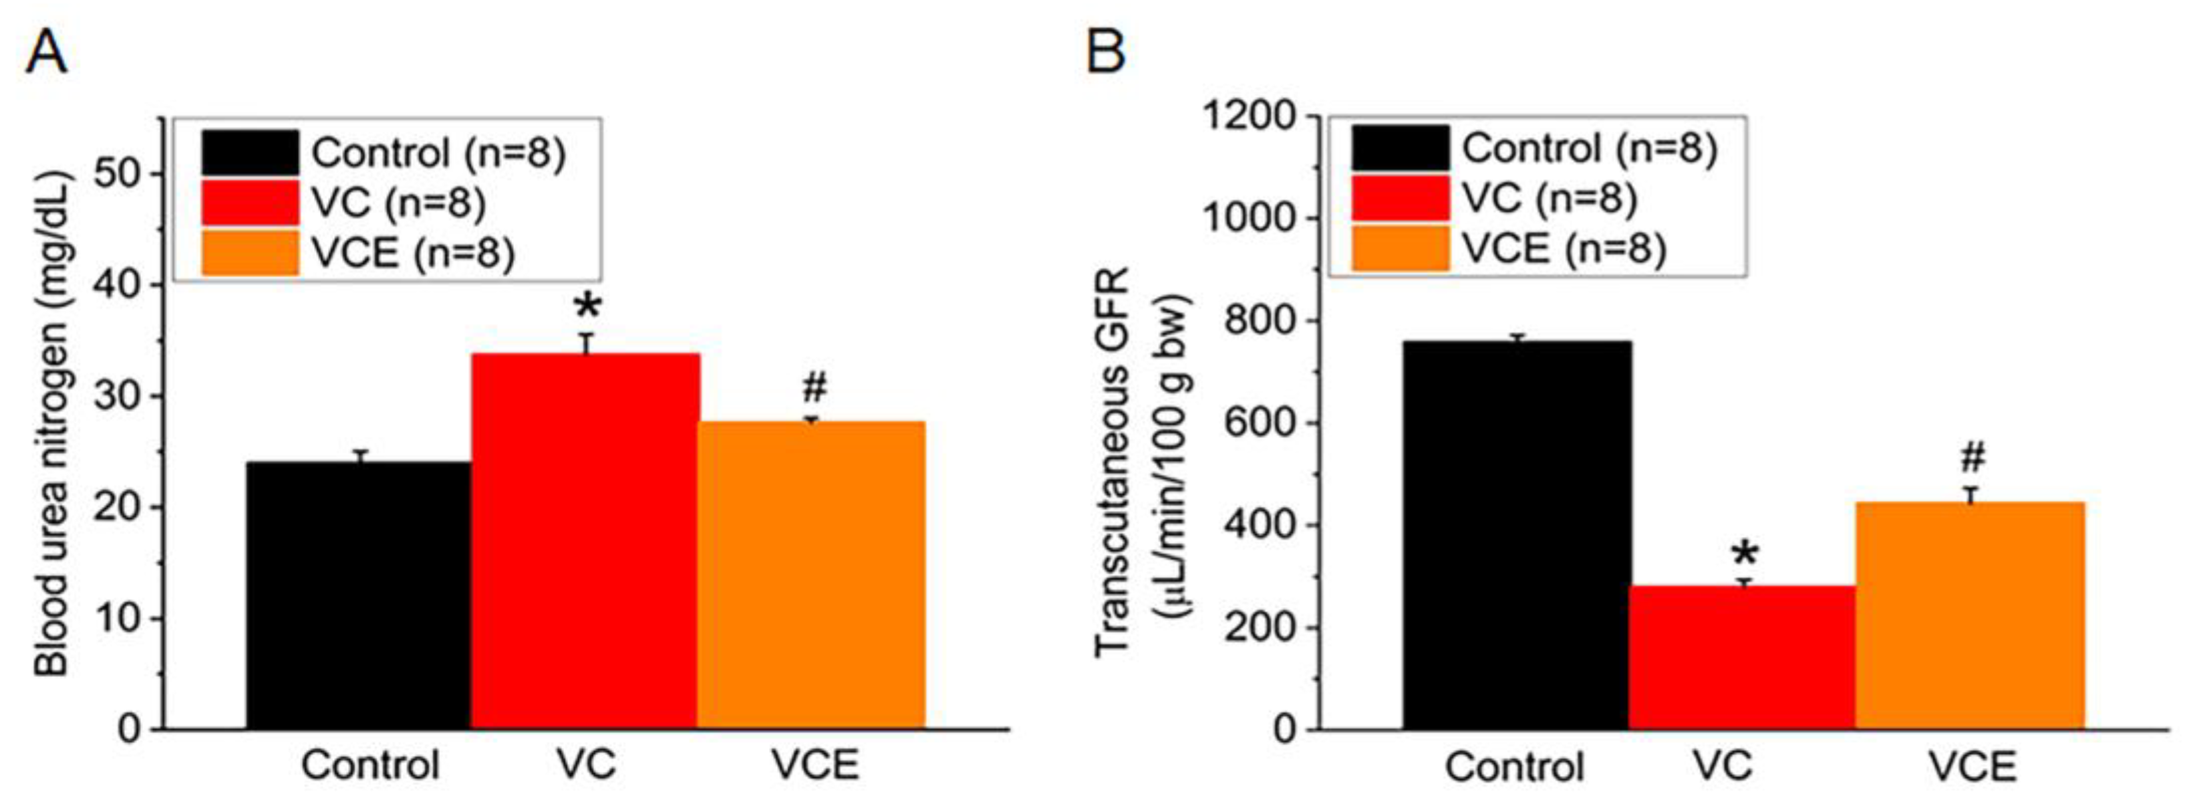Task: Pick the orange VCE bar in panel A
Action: pyautogui.click(x=811, y=575)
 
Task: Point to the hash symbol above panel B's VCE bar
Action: pyautogui.click(x=1971, y=458)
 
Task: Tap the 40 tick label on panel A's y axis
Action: pyautogui.click(x=117, y=285)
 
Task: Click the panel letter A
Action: pyautogui.click(x=46, y=53)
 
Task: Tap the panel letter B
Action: pyautogui.click(x=1106, y=53)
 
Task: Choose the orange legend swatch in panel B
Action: pyautogui.click(x=1400, y=248)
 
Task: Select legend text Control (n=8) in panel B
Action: pyautogui.click(x=1589, y=148)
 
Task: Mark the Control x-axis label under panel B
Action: pyautogui.click(x=1514, y=767)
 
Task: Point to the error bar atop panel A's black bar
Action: pyautogui.click(x=361, y=455)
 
